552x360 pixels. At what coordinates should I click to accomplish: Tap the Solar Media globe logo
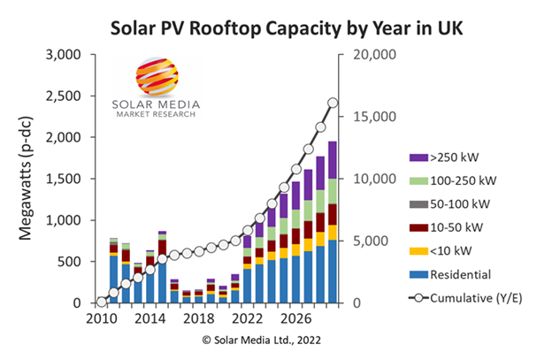click(155, 77)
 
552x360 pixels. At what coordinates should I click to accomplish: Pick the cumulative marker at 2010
click(102, 303)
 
